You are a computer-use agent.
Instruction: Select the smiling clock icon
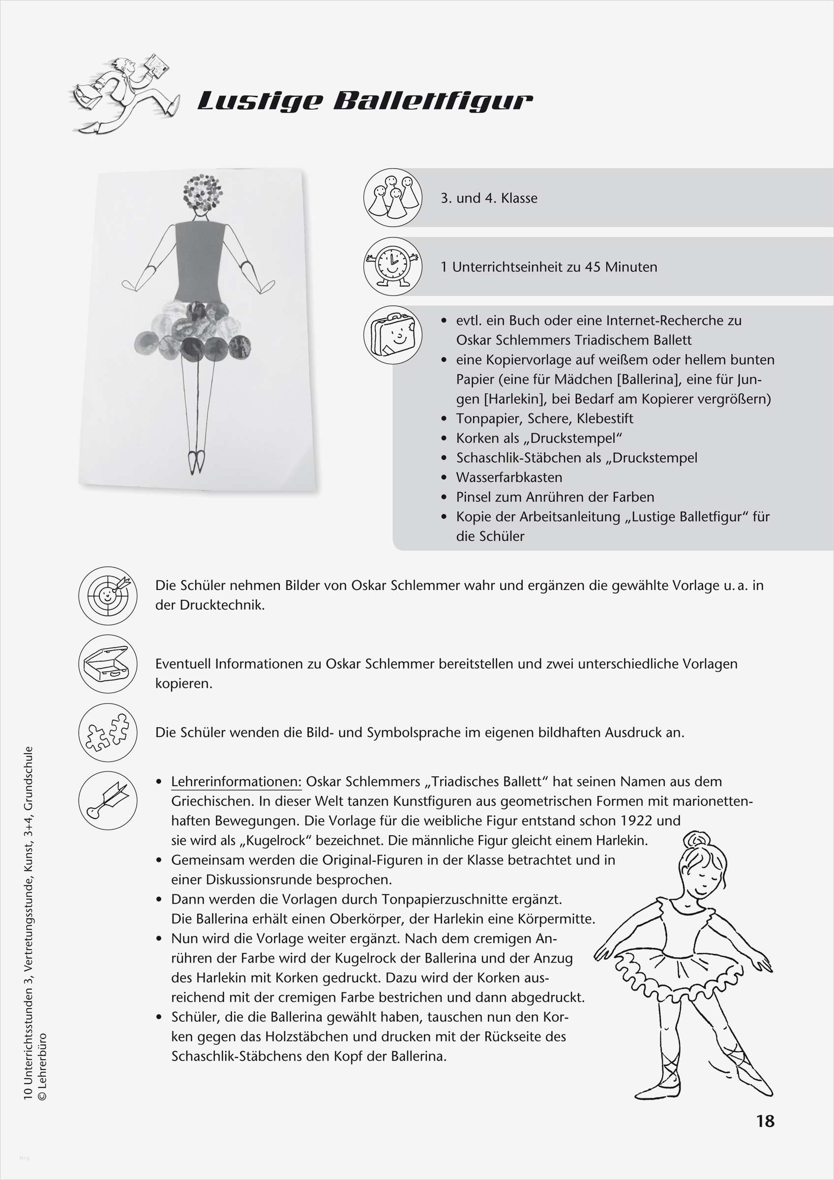pos(392,265)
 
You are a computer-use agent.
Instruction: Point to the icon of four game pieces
pos(392,197)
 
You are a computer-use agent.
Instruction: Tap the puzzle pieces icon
pos(108,732)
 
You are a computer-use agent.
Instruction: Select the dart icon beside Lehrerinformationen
pos(108,800)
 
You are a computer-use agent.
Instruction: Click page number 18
pos(765,1121)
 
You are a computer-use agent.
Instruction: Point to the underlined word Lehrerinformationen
pos(237,782)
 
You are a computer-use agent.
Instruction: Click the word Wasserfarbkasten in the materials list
pos(509,477)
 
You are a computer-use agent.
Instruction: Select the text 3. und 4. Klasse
pos(489,198)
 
